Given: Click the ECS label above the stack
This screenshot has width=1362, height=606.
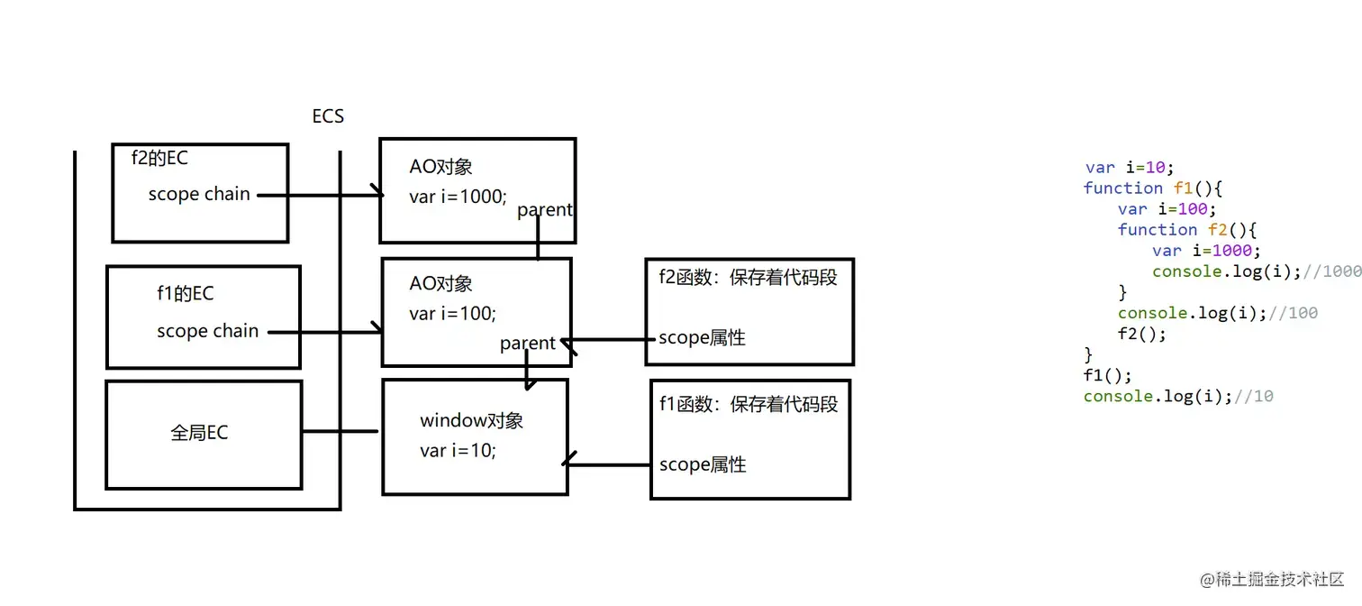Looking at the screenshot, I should [328, 116].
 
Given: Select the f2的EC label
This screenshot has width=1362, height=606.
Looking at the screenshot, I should [159, 158].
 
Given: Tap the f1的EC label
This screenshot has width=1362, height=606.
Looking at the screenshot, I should [185, 294].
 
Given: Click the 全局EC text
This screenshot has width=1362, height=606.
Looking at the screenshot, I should [199, 433].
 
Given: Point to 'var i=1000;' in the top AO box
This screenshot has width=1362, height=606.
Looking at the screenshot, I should [458, 197].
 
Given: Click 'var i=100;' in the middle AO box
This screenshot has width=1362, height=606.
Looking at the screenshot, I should [452, 314].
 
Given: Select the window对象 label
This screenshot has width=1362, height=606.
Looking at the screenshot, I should [471, 421].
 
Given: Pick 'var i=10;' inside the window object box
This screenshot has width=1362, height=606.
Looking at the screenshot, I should [458, 451].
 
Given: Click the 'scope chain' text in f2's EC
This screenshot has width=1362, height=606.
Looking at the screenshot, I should [199, 194].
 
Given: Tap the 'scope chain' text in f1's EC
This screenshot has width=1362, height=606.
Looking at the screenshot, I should [207, 331].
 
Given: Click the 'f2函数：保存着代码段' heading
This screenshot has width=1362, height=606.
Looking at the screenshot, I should [748, 278].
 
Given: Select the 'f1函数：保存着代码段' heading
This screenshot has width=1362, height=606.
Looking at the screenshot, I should [749, 404].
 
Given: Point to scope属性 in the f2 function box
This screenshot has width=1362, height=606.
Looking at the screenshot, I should [702, 338].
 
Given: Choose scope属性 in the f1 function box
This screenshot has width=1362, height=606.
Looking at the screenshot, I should [703, 465].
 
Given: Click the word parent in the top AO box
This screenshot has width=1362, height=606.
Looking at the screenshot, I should [544, 210].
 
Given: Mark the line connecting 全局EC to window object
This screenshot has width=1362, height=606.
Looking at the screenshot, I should [340, 432].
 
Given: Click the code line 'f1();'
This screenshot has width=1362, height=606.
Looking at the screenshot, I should [1107, 375].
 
